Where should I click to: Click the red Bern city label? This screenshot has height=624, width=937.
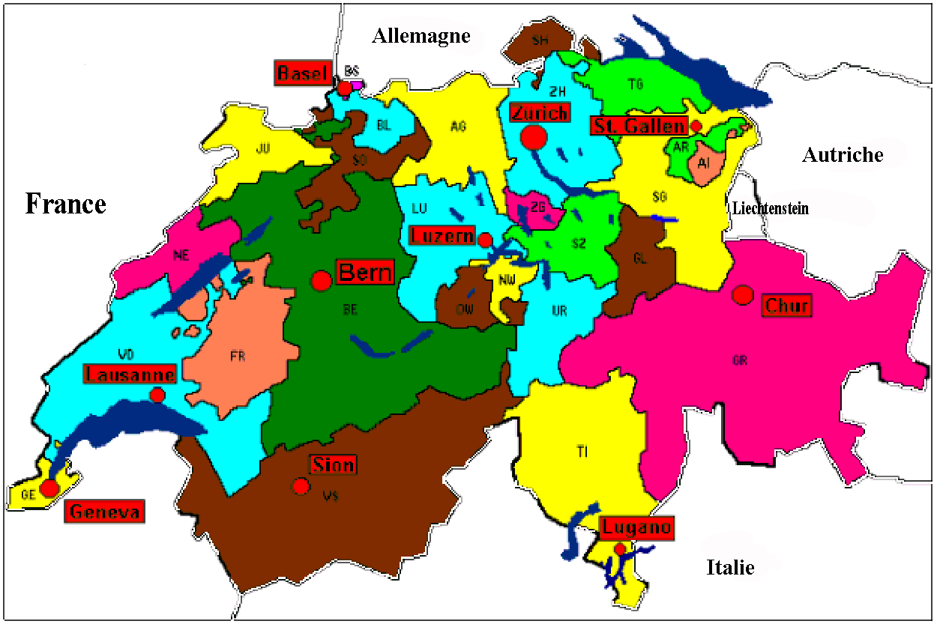pyautogui.click(x=365, y=272)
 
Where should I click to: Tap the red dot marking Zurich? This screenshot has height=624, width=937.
pyautogui.click(x=534, y=137)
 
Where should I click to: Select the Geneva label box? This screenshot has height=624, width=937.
pyautogui.click(x=104, y=512)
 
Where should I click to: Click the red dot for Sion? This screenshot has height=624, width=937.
pyautogui.click(x=301, y=486)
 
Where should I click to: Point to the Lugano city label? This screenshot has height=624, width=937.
pyautogui.click(x=636, y=527)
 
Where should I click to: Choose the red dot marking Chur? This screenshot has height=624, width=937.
pyautogui.click(x=743, y=295)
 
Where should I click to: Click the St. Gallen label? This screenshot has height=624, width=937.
pyautogui.click(x=639, y=126)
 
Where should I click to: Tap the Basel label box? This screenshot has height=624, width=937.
pyautogui.click(x=303, y=73)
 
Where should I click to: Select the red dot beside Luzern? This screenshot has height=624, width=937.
pyautogui.click(x=485, y=240)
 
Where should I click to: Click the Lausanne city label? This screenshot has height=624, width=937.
pyautogui.click(x=131, y=375)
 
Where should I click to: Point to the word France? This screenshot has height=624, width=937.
pyautogui.click(x=66, y=204)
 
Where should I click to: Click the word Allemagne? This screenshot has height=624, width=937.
pyautogui.click(x=421, y=35)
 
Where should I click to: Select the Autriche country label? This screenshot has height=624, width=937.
pyautogui.click(x=843, y=155)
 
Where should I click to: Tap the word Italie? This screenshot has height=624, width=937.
pyautogui.click(x=730, y=567)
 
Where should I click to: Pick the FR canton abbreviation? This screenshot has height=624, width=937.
pyautogui.click(x=238, y=357)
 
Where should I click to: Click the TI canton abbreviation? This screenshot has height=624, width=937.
pyautogui.click(x=582, y=451)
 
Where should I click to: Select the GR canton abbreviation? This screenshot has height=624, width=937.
pyautogui.click(x=739, y=360)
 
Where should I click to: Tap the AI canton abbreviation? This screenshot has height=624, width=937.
pyautogui.click(x=703, y=163)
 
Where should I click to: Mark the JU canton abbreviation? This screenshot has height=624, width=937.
pyautogui.click(x=262, y=149)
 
